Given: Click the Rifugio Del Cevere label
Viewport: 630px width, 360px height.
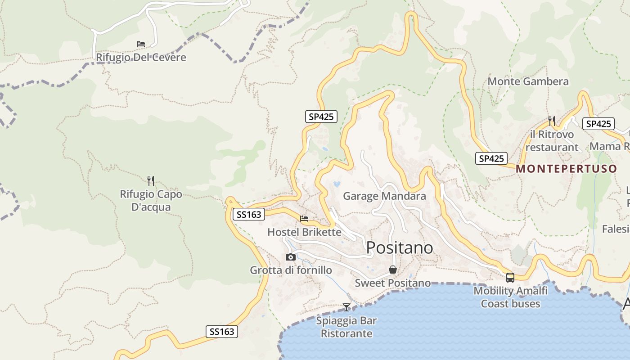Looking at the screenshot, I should pos(141,58).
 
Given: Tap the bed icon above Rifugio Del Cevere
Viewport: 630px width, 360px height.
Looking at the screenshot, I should pos(141,44).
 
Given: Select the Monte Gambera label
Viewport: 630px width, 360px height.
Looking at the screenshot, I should pos(528,81).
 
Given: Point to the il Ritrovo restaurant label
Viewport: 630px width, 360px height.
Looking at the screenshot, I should pos(552,141).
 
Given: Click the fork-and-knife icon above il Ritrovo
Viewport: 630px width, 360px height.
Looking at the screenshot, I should pos(552,121).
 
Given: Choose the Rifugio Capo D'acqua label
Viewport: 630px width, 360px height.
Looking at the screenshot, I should pos(151,201).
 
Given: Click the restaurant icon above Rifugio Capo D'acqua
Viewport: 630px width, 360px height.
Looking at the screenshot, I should pos(151,181).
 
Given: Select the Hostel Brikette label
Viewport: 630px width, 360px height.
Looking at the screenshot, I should pos(304,232).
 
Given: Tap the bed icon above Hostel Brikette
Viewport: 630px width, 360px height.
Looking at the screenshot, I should pos(304,219).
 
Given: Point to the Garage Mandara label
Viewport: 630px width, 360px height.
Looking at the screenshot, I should pos(384,196).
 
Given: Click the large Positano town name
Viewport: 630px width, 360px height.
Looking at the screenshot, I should pos(400,247).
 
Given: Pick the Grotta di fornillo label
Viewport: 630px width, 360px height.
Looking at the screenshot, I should pos(291,270).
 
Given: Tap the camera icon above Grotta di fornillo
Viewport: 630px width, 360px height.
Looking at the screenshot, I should pos(291,257).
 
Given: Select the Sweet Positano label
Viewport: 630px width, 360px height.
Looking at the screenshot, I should pos(392,283).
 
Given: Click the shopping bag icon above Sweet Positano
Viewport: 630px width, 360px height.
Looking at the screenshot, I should pos(393,270).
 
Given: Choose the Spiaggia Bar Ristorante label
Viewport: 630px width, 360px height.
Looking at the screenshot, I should pos(346,327).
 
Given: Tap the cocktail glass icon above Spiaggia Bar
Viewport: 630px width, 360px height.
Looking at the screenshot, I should pos(346,307).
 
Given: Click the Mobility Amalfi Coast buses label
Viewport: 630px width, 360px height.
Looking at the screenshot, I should pos(510,297).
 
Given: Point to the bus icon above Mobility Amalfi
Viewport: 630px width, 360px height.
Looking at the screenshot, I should pos(510,278).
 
